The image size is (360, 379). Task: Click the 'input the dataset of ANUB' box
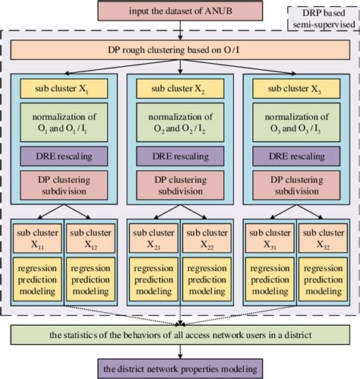pyautogui.click(x=180, y=11)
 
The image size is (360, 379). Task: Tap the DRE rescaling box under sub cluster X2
pyautogui.click(x=180, y=156)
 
